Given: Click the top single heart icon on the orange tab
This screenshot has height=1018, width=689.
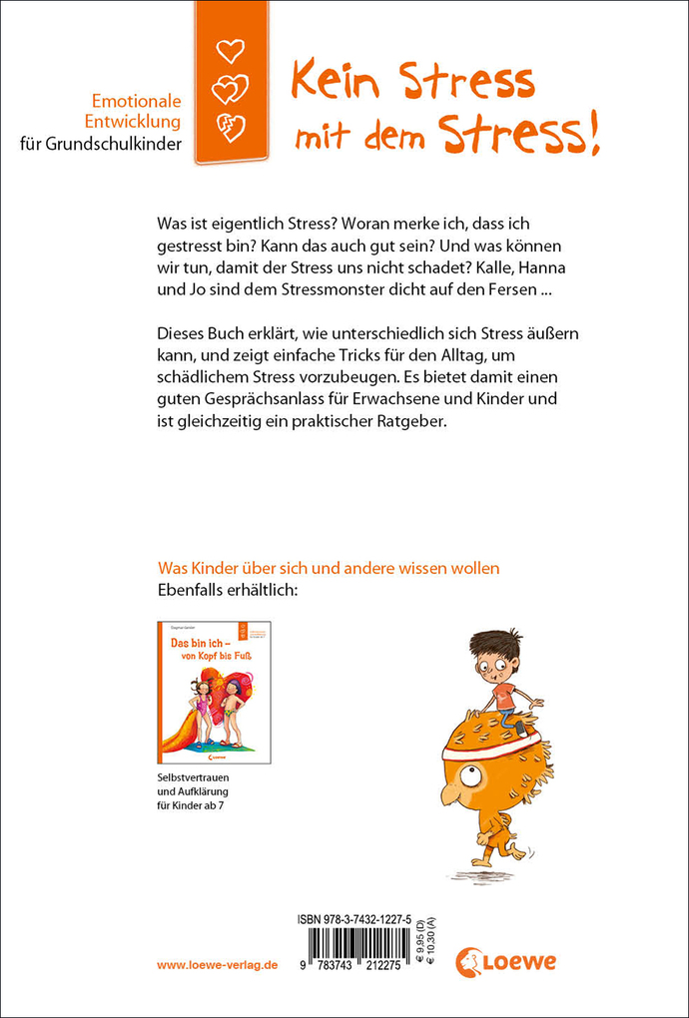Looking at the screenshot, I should (230, 50).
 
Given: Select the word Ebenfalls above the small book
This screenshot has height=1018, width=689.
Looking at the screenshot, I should (195, 591).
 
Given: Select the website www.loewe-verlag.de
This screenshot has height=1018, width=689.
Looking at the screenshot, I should (218, 967).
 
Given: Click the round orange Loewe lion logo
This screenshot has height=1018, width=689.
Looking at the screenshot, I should (470, 962).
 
